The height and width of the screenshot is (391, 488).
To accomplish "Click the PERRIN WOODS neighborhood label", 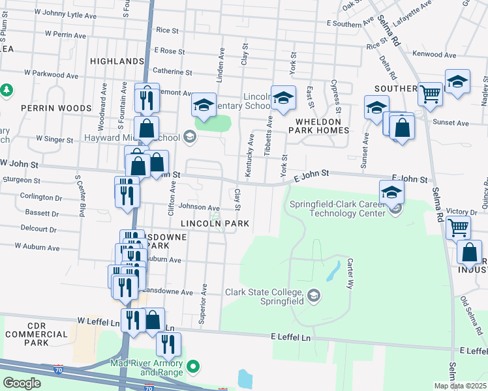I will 47,108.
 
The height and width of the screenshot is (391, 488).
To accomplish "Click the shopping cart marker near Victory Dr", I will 457,227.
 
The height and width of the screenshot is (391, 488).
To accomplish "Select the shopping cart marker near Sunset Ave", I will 430,94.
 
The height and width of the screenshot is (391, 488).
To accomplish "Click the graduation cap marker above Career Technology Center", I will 391,192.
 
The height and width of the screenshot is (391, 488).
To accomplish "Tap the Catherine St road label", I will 172,72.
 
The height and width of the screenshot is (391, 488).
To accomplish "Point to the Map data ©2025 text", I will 460,386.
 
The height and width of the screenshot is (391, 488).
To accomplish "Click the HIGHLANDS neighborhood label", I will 117,61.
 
